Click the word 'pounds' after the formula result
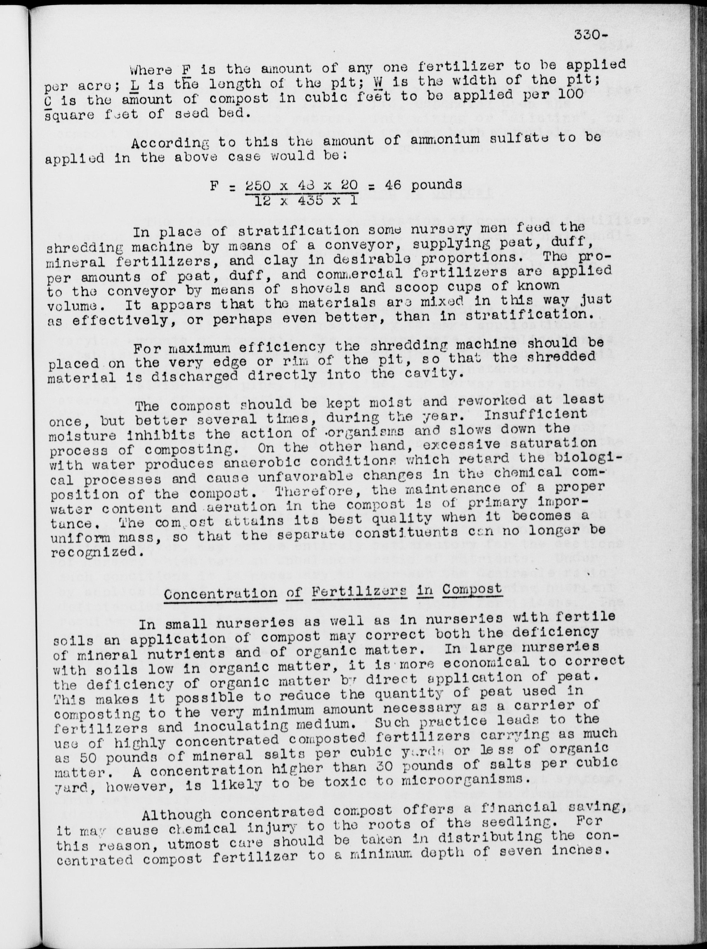pyautogui.click(x=437, y=185)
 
